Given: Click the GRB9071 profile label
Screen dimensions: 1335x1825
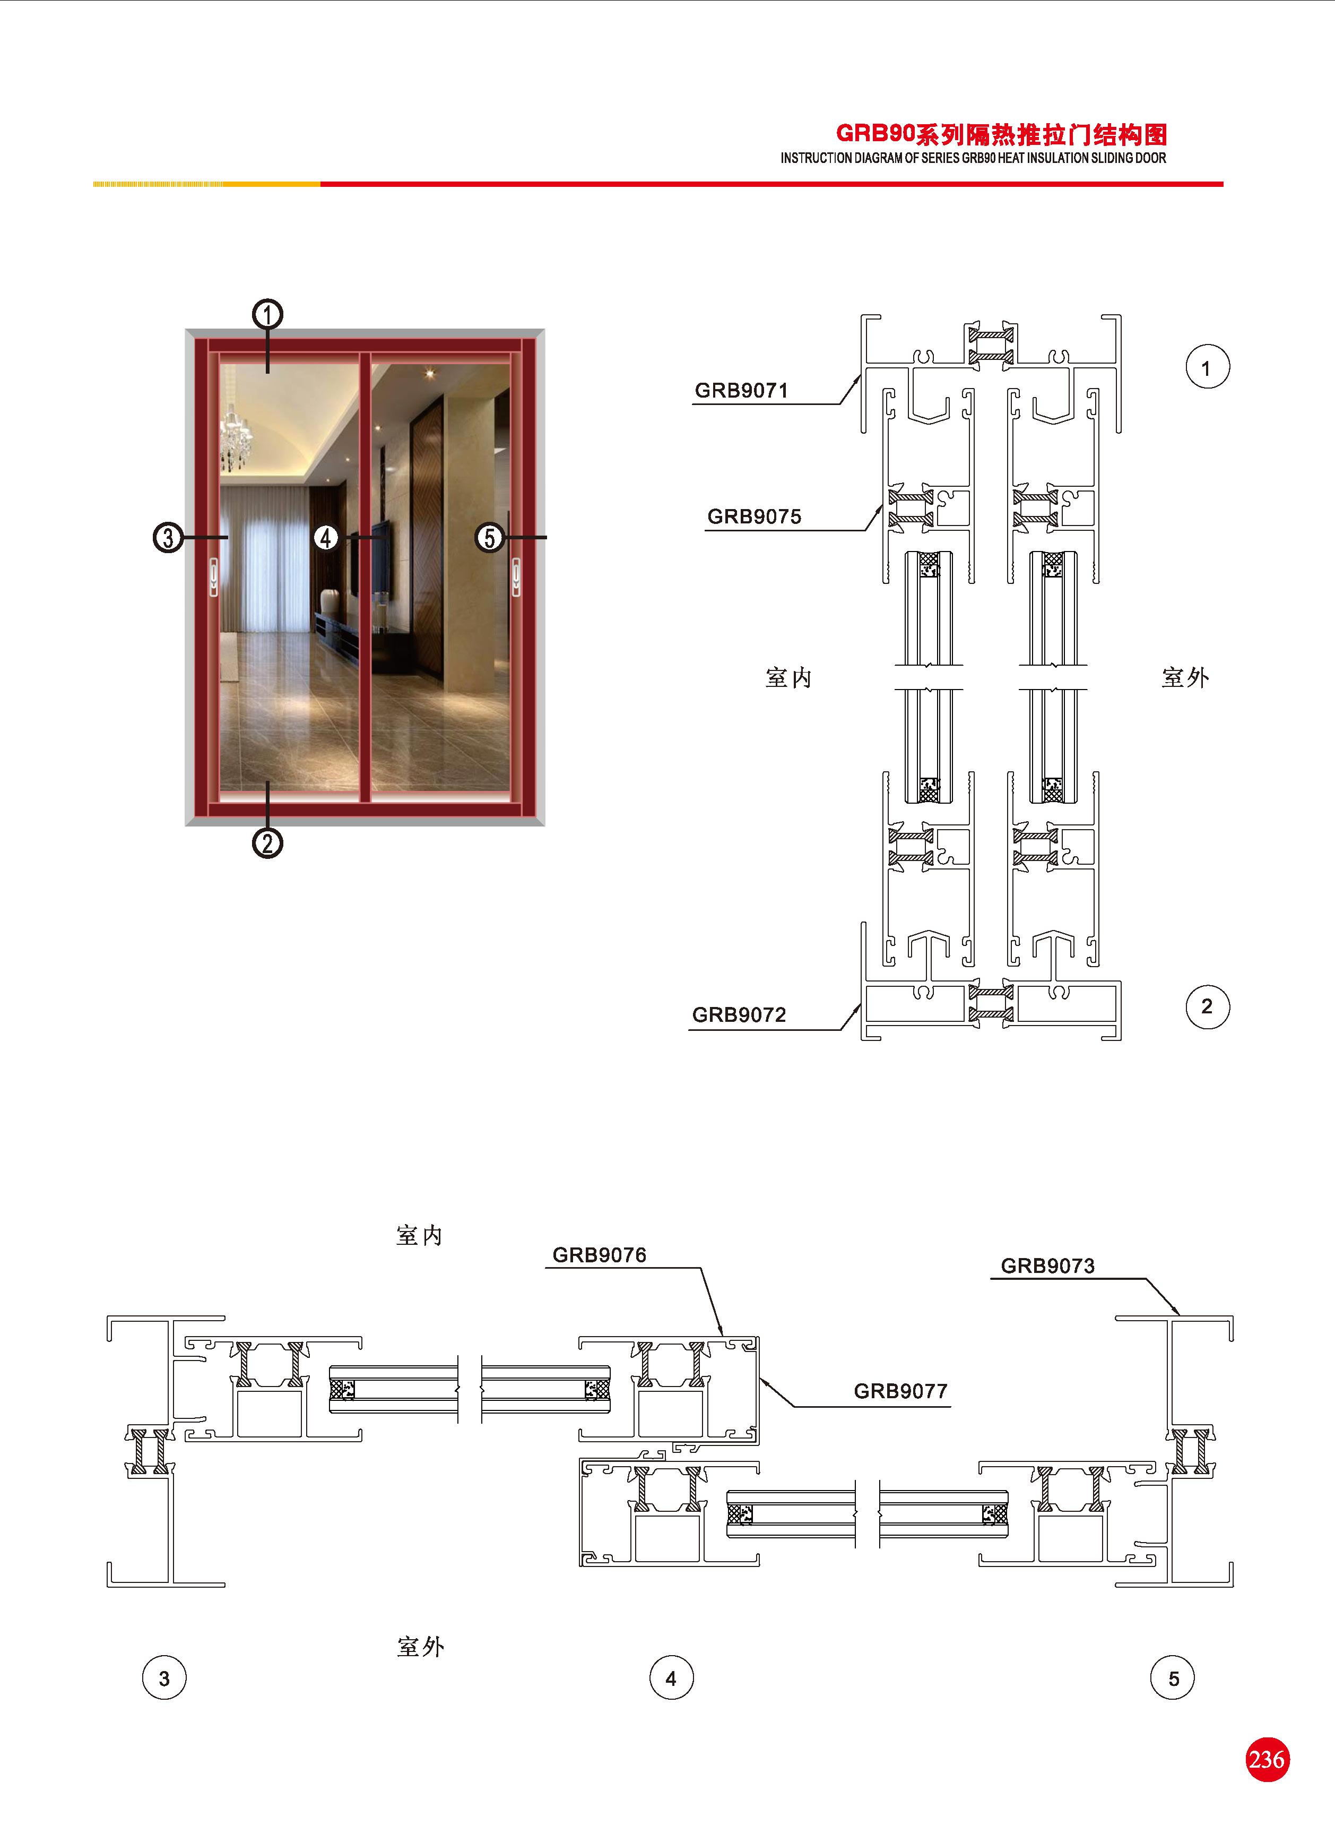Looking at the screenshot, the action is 741,390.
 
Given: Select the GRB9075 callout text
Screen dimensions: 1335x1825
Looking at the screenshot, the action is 754,516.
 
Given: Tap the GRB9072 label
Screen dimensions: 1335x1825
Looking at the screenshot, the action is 739,1014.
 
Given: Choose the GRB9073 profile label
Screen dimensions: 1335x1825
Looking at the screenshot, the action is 1047,1266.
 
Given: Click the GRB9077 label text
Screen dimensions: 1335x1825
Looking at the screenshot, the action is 900,1391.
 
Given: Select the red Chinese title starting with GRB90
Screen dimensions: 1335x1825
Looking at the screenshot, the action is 1001,134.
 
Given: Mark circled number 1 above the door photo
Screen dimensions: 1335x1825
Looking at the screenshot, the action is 267,314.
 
